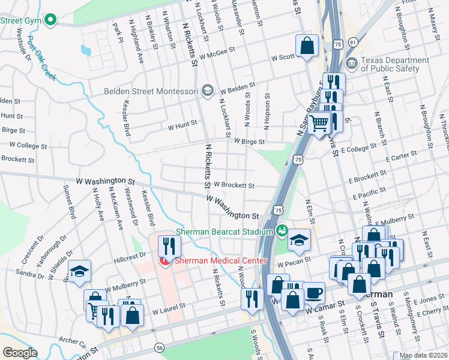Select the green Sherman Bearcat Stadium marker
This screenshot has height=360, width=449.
click(x=282, y=230)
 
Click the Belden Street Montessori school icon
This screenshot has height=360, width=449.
click(x=208, y=91)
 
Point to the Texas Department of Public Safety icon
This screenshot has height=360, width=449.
click(x=351, y=63)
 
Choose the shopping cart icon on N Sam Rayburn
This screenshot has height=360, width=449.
click(x=320, y=122)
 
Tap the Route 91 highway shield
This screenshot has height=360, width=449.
click(x=354, y=42)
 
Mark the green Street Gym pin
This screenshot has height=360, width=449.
click(x=50, y=20)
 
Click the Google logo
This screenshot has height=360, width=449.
click(x=20, y=353)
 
